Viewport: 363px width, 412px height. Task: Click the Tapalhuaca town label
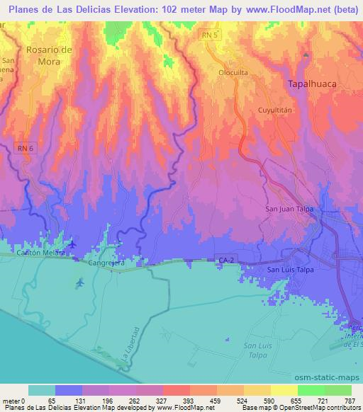[315, 84]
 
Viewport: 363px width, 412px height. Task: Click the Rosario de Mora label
[50, 55]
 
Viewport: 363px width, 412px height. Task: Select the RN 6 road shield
[24, 146]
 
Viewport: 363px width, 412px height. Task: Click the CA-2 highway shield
[225, 262]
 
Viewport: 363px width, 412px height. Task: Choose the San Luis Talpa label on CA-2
[290, 270]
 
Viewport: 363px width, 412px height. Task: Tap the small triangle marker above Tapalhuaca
[306, 55]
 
